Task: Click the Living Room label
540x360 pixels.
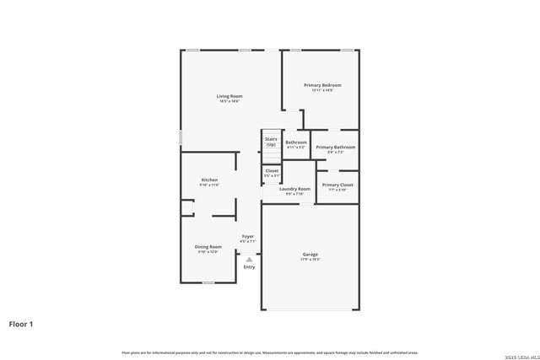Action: [x=229, y=96]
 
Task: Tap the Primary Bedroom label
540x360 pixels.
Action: [x=322, y=85]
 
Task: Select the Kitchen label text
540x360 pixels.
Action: [x=209, y=180]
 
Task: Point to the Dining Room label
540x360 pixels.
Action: [x=208, y=246]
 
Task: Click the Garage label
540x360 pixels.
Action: [x=310, y=254]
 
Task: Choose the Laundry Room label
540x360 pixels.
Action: [x=294, y=189]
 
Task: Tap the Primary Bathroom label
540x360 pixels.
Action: [x=335, y=148]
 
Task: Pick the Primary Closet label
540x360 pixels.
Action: [x=337, y=185]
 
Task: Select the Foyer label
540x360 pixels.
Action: [x=248, y=236]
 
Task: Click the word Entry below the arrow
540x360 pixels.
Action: [x=249, y=267]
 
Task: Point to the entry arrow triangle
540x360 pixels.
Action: [x=249, y=260]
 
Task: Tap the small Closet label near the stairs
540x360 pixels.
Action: [x=272, y=170]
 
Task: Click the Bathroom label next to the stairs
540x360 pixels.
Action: [x=296, y=142]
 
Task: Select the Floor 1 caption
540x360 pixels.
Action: [x=21, y=323]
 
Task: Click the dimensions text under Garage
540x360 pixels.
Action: [x=310, y=259]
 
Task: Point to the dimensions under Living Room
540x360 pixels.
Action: [x=229, y=101]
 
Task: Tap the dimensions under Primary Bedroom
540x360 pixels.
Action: [x=322, y=90]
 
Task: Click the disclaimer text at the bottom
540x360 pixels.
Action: [x=269, y=352]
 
